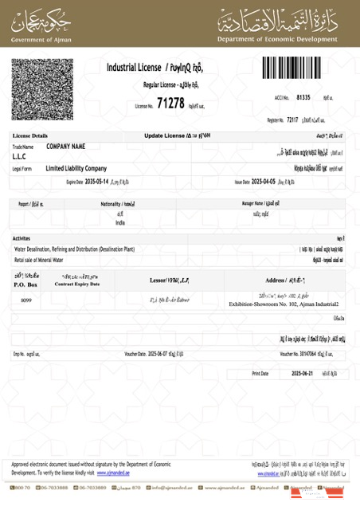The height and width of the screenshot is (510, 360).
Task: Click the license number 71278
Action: (170, 103)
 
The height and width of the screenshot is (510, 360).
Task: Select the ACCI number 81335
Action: (303, 96)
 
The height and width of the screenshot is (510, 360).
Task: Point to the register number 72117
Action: (292, 120)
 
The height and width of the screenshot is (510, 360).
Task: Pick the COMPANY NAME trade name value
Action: (66, 147)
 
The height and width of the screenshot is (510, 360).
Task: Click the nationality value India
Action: (120, 224)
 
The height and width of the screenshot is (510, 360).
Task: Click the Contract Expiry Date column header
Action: (76, 284)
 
